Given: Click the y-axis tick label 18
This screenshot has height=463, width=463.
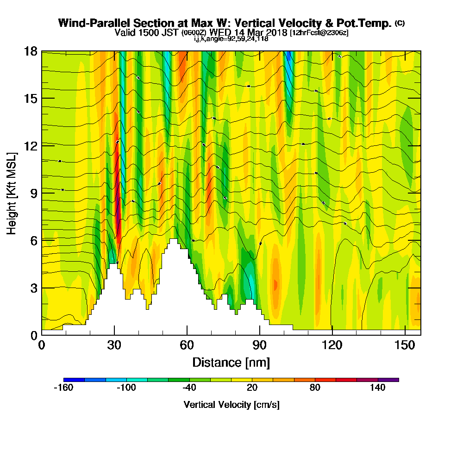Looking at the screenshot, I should point(31,51).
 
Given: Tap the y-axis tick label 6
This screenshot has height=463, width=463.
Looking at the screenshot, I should point(33,240).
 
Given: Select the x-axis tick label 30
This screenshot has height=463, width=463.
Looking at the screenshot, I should point(114,344).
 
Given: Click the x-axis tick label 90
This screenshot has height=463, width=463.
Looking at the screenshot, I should point(260,344).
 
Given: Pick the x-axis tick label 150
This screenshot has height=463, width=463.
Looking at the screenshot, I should point(405,344).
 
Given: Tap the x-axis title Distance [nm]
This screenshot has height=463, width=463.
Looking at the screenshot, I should point(231,362).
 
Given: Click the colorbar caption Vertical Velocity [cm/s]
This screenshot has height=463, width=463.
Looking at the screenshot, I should point(231,405).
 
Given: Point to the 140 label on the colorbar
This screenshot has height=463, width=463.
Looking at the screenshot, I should point(378,388).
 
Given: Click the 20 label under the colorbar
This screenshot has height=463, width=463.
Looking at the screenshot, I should point(252,388).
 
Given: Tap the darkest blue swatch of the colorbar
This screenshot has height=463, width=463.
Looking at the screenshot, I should point(74,380).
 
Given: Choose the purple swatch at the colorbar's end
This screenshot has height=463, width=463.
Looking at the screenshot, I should point(388,380).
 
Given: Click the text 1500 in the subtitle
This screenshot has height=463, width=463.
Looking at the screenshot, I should point(146,32).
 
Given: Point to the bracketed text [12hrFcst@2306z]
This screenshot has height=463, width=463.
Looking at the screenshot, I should point(319,33).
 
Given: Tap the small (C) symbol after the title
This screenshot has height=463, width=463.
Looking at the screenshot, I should point(399,23).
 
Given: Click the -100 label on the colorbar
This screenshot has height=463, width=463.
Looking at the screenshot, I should point(126,388).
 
